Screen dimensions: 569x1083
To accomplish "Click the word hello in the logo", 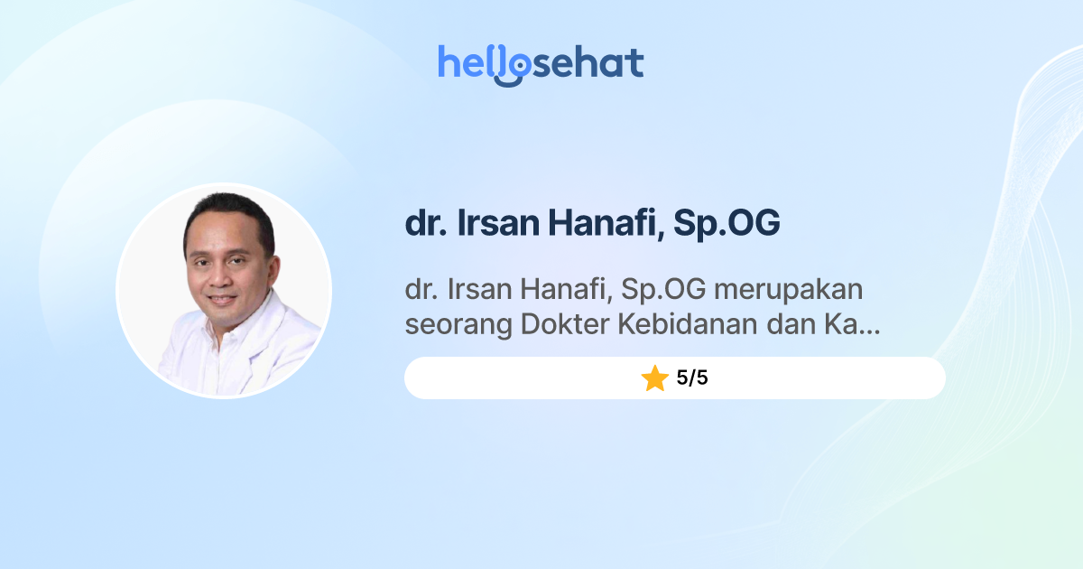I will tap(483, 63).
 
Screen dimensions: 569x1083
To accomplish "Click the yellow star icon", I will tap(654, 378).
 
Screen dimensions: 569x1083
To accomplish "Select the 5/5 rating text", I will tap(692, 378).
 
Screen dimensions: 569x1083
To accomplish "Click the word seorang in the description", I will tap(458, 326).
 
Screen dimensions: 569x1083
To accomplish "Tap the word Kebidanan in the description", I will tap(689, 326).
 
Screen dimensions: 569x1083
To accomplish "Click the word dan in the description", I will tap(789, 326).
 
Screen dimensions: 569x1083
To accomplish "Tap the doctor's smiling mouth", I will tap(222, 299).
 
